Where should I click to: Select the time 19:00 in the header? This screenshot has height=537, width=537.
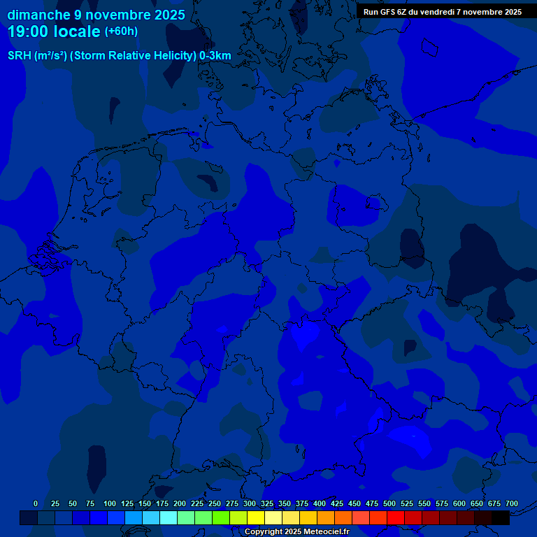click(31, 32)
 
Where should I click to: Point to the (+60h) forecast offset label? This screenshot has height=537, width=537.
click(121, 31)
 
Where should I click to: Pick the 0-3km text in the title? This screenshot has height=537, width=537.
click(215, 56)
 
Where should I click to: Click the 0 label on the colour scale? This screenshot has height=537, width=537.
click(36, 503)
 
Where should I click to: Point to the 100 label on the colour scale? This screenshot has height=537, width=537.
click(110, 503)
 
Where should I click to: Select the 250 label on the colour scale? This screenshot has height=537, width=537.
click(215, 503)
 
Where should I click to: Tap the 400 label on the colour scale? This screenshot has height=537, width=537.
click(320, 503)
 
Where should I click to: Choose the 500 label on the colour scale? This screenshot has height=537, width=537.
click(389, 503)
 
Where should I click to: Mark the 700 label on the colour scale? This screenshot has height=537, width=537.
click(512, 503)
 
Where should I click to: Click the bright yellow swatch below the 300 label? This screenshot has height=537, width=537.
click(256, 518)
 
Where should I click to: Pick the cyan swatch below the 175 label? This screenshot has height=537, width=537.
click(169, 518)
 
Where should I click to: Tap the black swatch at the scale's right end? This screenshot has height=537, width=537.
click(501, 518)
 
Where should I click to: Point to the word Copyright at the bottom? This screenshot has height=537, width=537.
click(264, 532)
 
